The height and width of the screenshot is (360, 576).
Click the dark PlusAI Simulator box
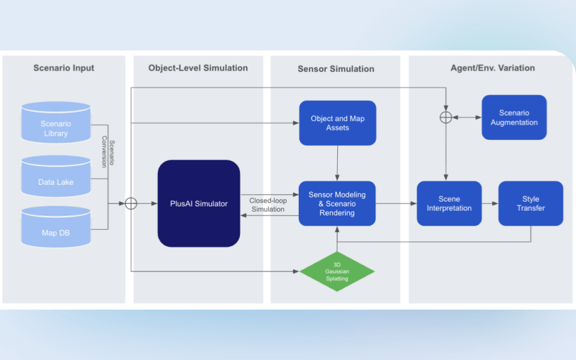199,203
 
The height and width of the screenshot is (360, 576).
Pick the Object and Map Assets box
337,123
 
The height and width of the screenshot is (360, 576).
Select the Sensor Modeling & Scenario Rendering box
337,203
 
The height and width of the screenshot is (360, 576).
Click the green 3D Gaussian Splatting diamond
337,271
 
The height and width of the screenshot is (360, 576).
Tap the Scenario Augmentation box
514,118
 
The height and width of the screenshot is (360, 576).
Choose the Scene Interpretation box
449,203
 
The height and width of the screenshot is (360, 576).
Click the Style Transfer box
530,203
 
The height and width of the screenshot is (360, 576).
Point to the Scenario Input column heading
64,68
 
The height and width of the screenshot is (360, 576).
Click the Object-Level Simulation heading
198,68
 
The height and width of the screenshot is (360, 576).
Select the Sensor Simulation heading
336,69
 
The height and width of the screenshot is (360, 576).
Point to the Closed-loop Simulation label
268,205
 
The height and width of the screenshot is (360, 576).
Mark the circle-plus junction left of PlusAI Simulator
131,203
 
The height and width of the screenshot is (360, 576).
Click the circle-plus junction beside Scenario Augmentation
445,118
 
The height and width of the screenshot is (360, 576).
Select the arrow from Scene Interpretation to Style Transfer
490,203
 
